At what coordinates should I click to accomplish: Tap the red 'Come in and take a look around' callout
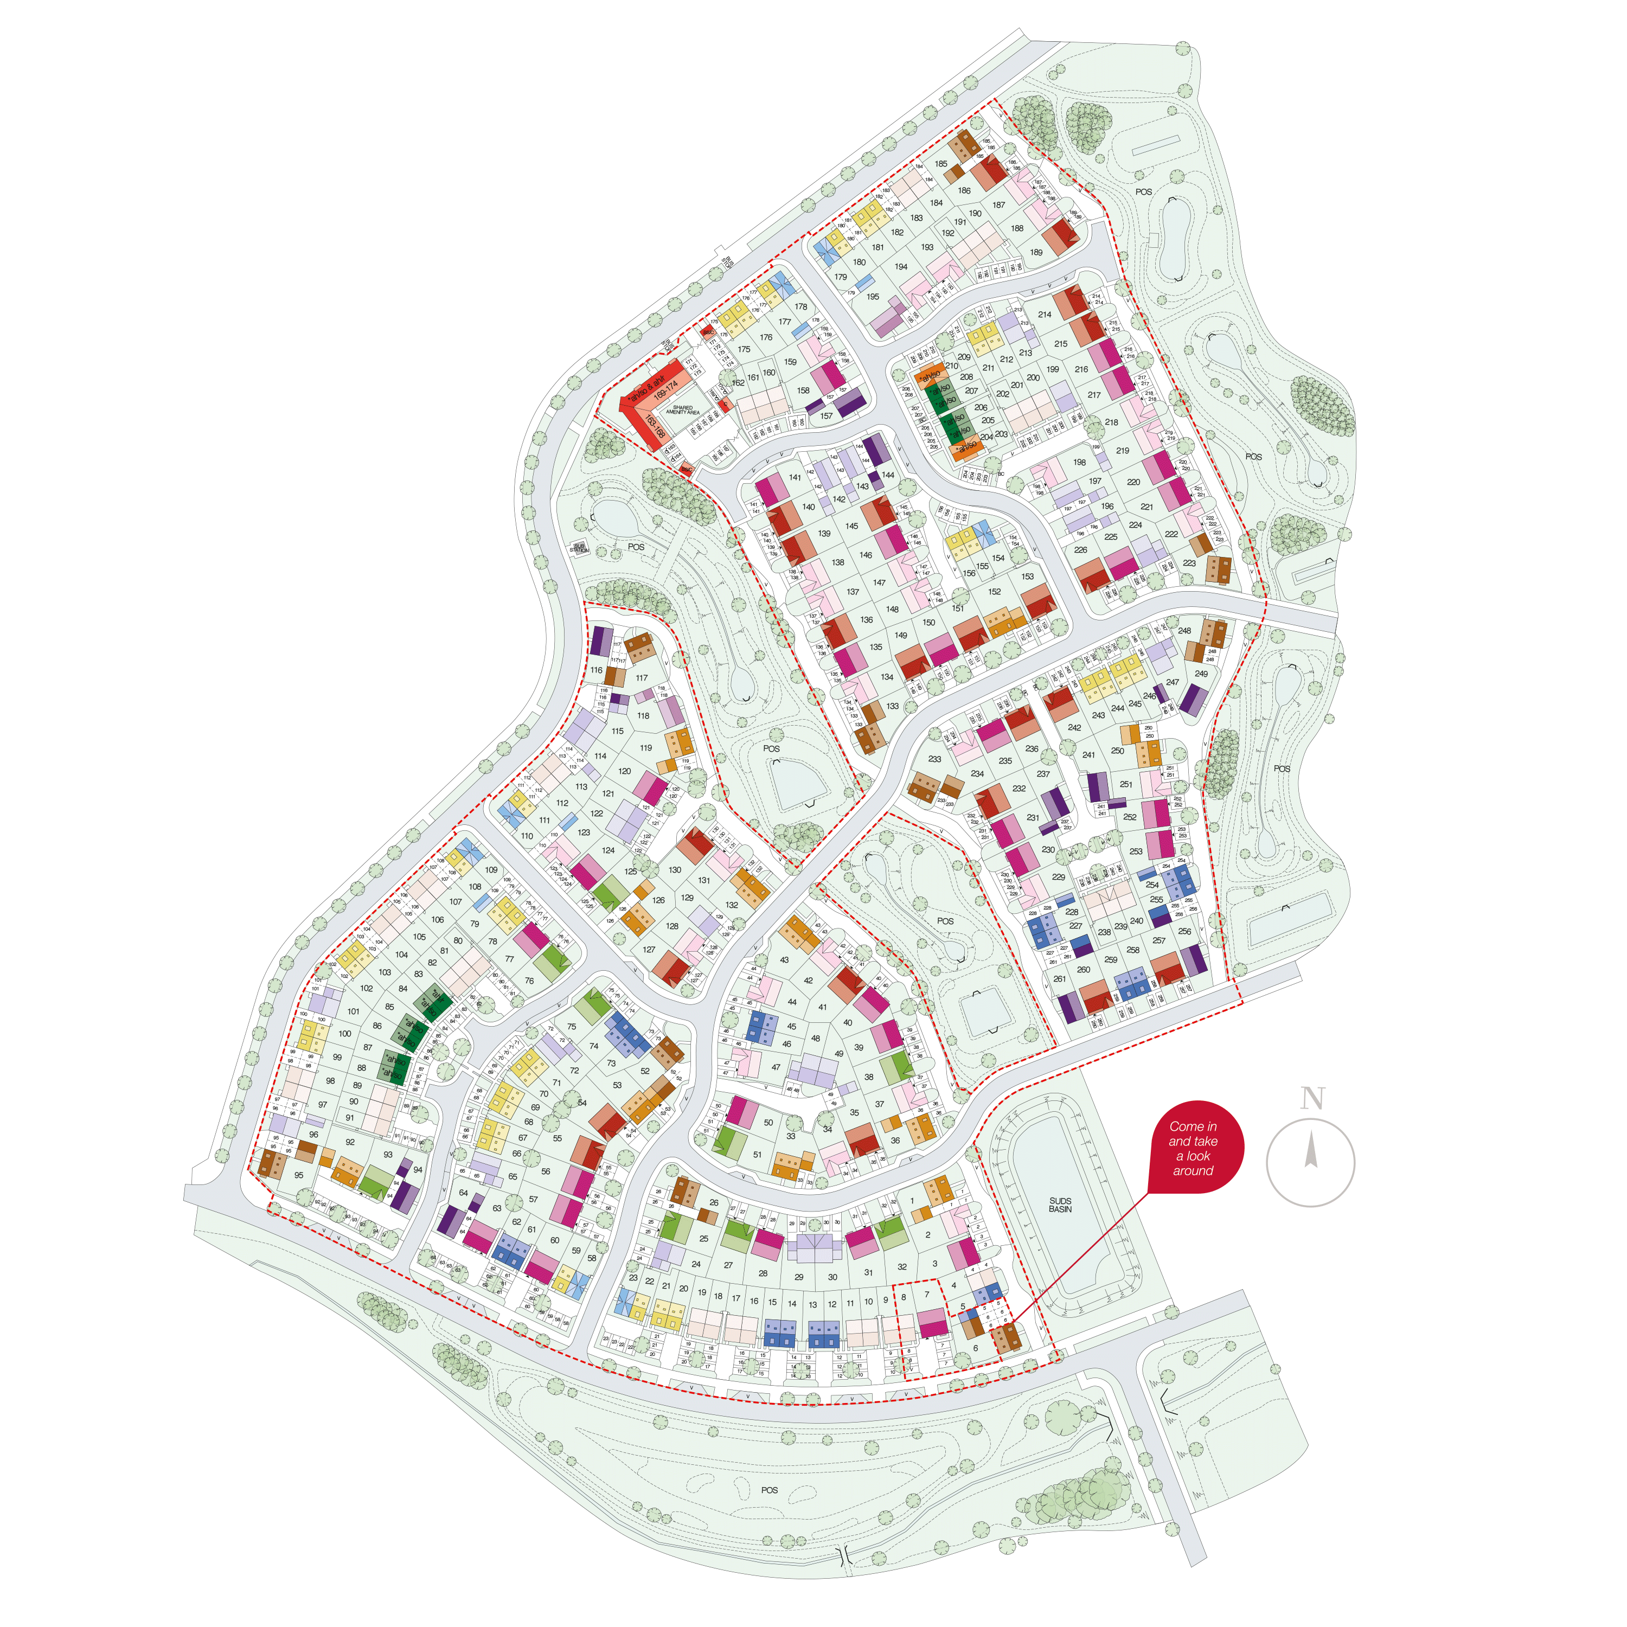point(1193,1148)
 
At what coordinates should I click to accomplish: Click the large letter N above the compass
point(1312,1098)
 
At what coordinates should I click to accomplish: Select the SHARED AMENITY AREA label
point(682,409)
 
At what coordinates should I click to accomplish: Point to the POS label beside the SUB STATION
point(636,547)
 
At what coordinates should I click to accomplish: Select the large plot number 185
point(940,164)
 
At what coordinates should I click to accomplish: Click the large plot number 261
point(1059,978)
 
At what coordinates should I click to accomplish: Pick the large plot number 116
point(596,670)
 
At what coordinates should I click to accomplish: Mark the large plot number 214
point(1044,315)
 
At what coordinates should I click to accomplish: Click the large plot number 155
point(982,567)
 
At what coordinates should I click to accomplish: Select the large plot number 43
point(784,960)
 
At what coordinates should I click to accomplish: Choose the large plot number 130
point(675,870)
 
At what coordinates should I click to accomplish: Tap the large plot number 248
point(1184,631)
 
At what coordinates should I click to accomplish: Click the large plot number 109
point(491,870)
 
